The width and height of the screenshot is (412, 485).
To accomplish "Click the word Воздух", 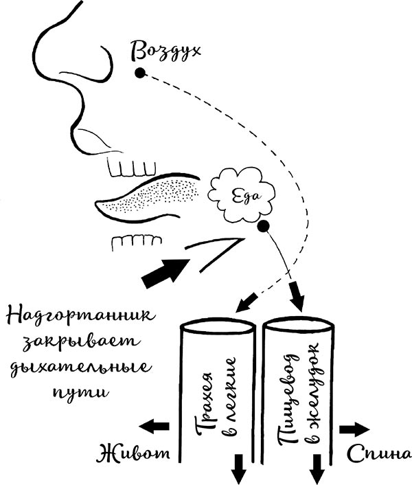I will (x=168, y=50).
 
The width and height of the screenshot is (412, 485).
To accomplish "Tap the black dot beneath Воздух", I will (x=140, y=73).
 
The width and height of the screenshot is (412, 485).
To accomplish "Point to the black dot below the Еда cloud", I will (x=263, y=225).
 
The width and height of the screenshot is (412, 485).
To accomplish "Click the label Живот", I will (x=134, y=455).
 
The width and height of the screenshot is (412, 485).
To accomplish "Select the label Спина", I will (x=379, y=453).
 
